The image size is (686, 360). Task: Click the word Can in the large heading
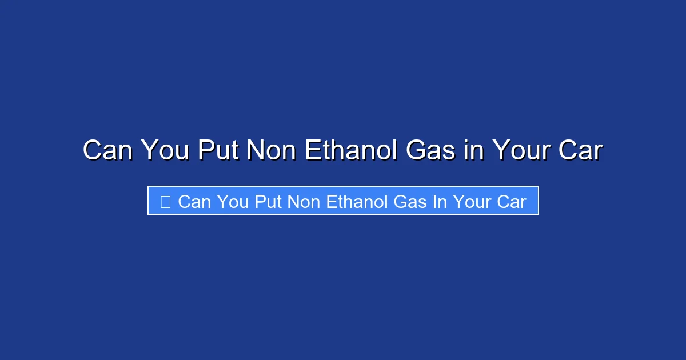coord(107,150)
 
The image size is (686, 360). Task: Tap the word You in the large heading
coord(165,150)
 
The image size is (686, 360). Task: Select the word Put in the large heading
coord(218,150)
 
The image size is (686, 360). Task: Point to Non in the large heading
coord(272,150)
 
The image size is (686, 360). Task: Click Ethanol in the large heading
coord(351,150)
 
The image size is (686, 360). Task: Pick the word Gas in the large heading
coord(430,150)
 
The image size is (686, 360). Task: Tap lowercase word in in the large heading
coord(474,150)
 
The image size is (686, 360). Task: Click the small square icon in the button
coord(166,202)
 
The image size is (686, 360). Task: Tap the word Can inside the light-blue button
coord(194,202)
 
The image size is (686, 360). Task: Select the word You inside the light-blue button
coord(233,202)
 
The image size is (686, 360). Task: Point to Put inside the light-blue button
coord(268,202)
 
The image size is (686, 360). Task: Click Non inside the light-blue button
coord(304,202)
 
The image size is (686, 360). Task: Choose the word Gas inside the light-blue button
coord(410,202)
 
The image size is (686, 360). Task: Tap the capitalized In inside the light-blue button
coord(440,202)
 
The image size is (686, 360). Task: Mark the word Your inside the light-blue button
coord(472,202)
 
